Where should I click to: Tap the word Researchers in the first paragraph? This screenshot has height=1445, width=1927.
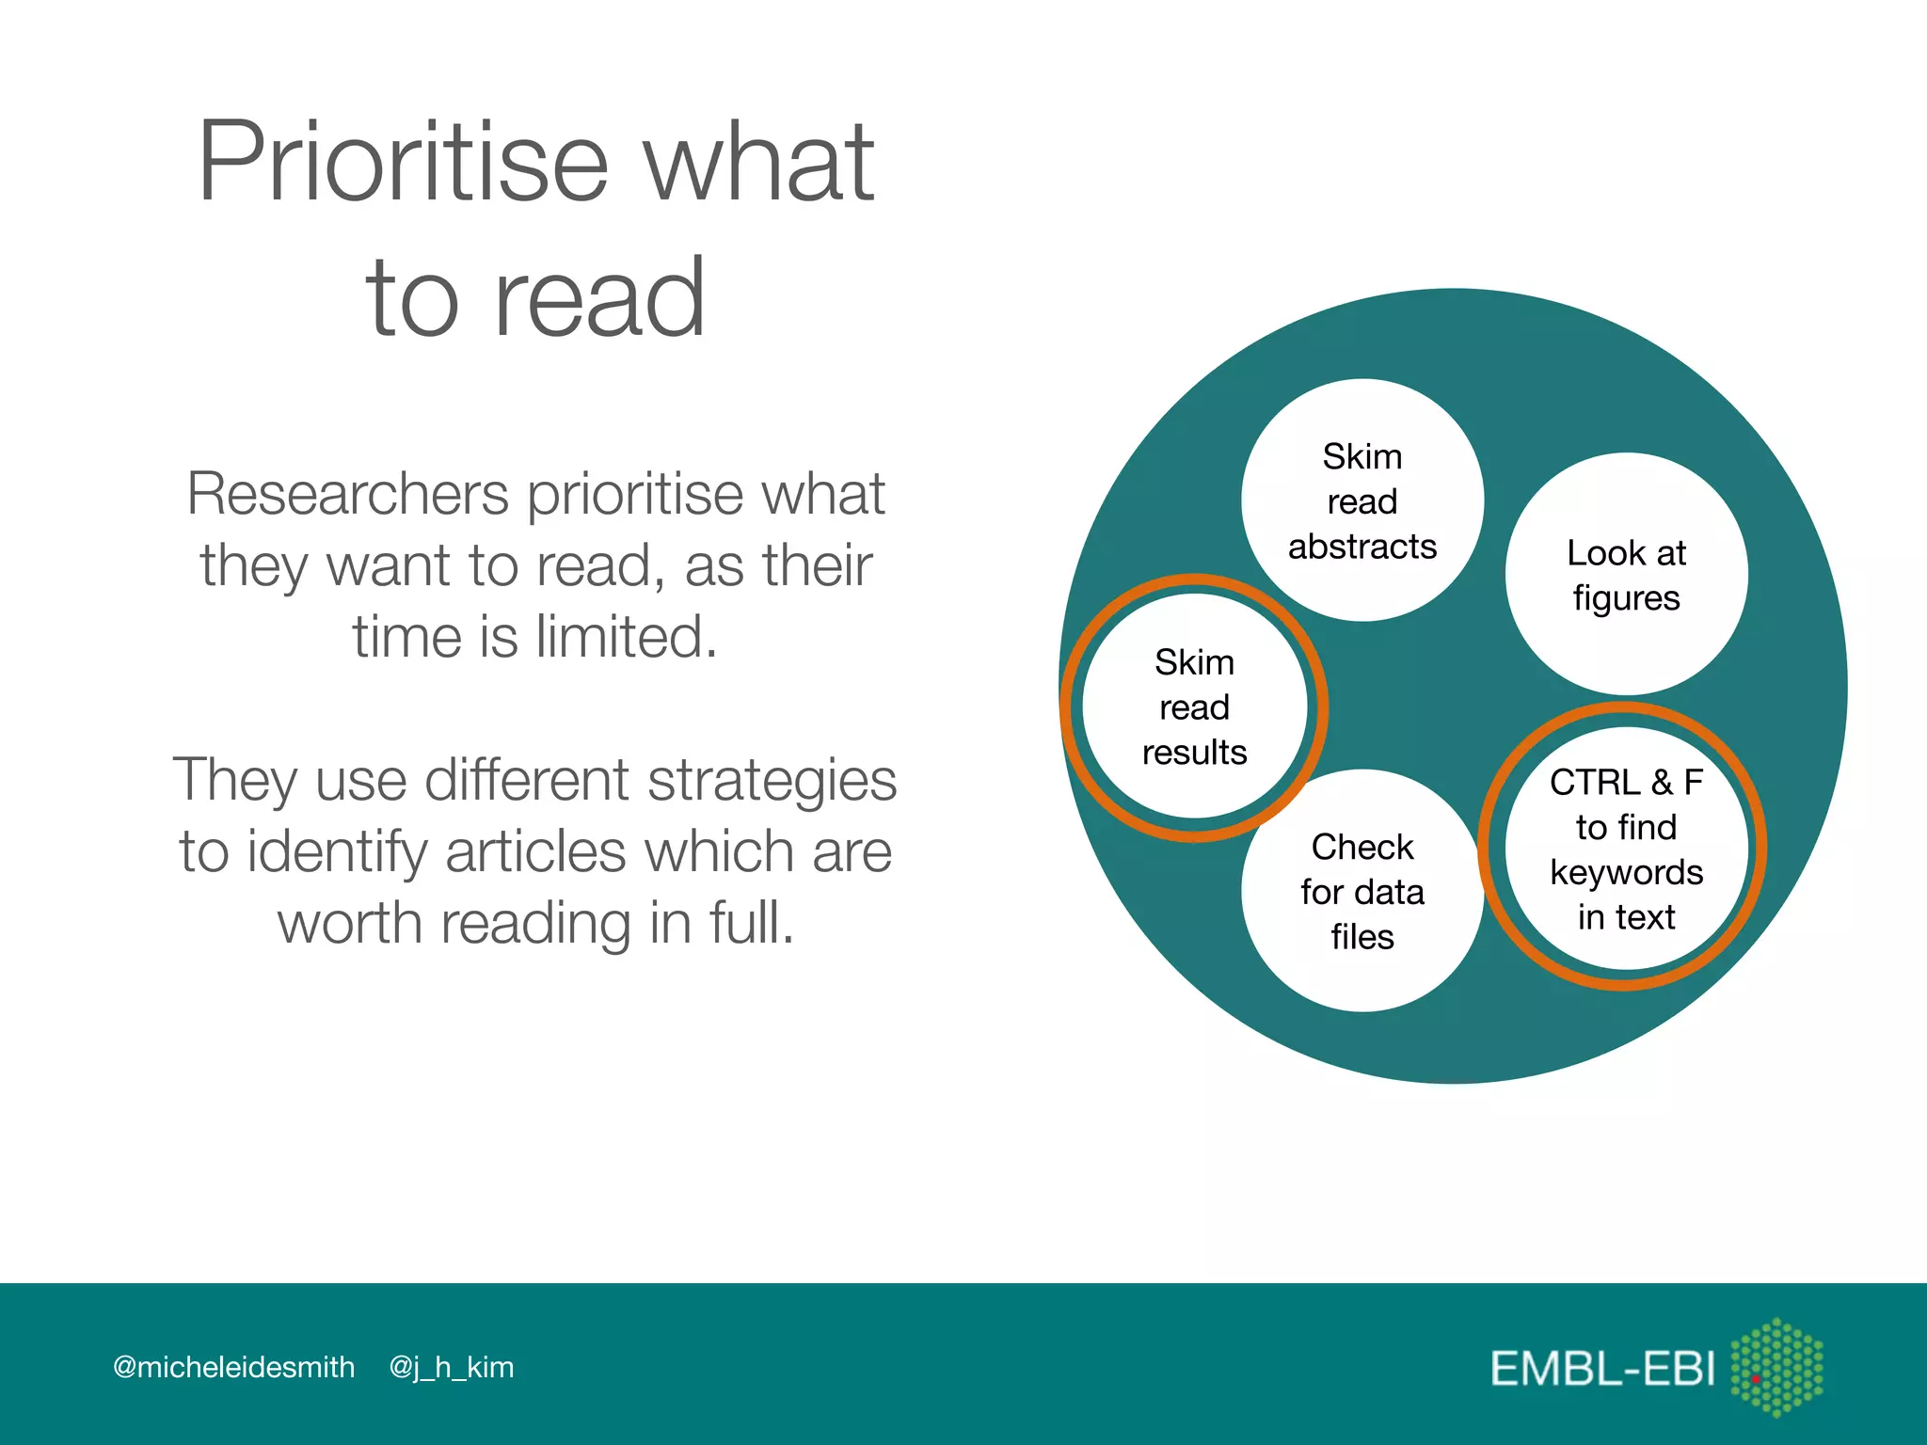tap(347, 494)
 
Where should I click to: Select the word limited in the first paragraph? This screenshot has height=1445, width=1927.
tap(625, 637)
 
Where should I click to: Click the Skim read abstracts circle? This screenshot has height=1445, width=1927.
tap(1362, 500)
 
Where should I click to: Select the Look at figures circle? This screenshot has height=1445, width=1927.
tap(1626, 575)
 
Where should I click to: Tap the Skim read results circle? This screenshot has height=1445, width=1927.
tap(1194, 707)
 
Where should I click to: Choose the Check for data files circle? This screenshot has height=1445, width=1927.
tap(1362, 891)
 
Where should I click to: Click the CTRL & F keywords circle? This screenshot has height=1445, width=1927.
tap(1625, 848)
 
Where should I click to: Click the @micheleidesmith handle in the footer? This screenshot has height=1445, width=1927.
tap(233, 1367)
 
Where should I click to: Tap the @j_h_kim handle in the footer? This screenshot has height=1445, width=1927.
tap(452, 1367)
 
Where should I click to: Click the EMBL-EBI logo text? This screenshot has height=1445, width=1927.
tap(1602, 1369)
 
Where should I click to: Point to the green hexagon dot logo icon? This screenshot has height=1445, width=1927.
tap(1776, 1367)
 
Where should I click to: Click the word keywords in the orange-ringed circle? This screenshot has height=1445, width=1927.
tap(1626, 873)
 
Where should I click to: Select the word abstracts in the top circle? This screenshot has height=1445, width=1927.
tap(1362, 547)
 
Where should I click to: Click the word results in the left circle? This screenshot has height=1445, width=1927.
tap(1194, 753)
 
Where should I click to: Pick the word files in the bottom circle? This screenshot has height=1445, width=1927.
tap(1362, 937)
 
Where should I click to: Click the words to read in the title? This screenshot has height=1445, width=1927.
tap(535, 299)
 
